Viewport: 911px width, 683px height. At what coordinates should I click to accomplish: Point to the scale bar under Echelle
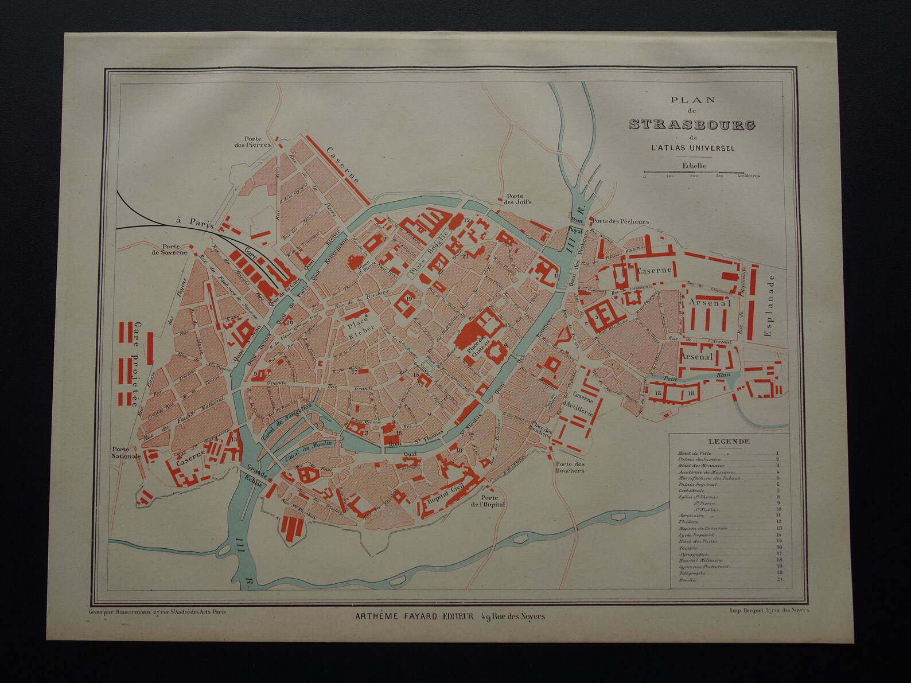click(694, 172)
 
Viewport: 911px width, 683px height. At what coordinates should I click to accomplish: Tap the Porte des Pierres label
click(256, 142)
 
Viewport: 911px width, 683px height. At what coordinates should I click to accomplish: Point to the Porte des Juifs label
click(517, 198)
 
